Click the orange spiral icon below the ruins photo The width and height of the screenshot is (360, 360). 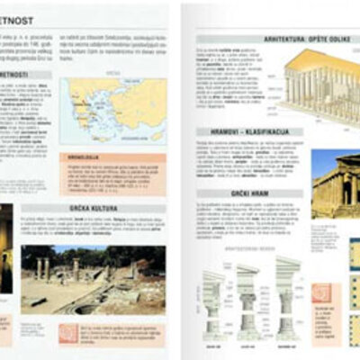(x=68, y=332)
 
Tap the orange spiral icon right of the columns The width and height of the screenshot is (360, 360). (x=321, y=292)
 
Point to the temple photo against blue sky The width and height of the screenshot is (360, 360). (x=335, y=184)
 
